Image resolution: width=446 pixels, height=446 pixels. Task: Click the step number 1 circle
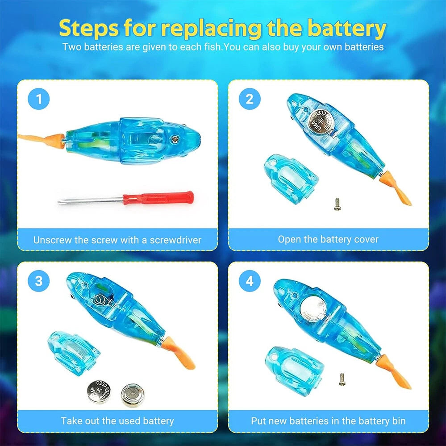pyautogui.click(x=39, y=100)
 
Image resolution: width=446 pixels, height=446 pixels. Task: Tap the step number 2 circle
pyautogui.click(x=249, y=99)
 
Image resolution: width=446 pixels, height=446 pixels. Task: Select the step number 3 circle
pyautogui.click(x=39, y=281)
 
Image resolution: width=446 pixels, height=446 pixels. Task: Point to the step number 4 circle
pyautogui.click(x=249, y=281)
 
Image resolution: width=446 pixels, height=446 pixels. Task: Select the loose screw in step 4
pyautogui.click(x=342, y=379)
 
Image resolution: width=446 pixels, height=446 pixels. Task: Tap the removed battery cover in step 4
pyautogui.click(x=292, y=371)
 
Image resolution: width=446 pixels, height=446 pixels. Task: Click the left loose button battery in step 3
pyautogui.click(x=99, y=391)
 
